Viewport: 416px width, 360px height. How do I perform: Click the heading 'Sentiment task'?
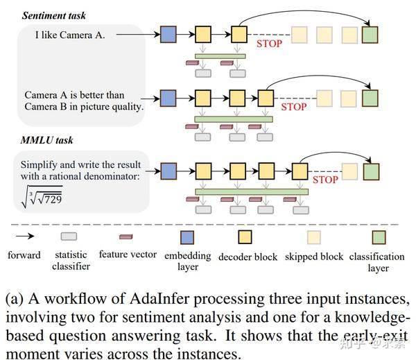click(54, 15)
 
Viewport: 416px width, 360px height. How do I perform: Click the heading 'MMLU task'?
click(46, 140)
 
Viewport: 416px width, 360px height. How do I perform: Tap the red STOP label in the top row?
click(269, 44)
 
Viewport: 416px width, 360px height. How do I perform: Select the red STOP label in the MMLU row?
click(325, 180)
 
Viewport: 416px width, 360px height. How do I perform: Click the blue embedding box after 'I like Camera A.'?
click(168, 34)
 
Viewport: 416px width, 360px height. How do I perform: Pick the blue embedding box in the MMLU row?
click(169, 171)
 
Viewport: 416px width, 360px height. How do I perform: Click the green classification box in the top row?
click(370, 35)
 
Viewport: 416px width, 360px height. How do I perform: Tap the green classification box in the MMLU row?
click(371, 171)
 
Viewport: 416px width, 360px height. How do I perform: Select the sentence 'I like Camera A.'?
click(70, 35)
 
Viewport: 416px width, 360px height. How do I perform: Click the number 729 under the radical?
click(53, 199)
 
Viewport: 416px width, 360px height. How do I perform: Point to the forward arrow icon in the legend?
click(25, 236)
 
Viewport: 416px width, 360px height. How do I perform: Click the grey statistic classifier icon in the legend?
click(69, 237)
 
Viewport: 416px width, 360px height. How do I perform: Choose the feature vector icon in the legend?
click(125, 237)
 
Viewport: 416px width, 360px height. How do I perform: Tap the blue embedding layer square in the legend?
click(187, 237)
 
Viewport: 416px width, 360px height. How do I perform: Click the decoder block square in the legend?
click(245, 237)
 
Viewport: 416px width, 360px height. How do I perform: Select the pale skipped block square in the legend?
click(314, 237)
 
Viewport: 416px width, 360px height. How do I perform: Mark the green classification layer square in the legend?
click(379, 237)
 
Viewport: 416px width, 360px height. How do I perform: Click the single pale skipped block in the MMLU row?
click(349, 171)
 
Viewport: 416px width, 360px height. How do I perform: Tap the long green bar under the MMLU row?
click(252, 191)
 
